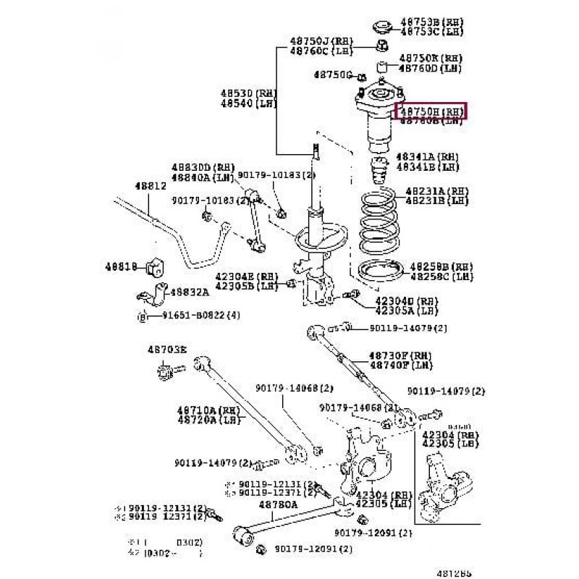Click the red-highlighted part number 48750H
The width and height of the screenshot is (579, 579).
coord(431,111)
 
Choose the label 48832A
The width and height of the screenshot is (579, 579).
coord(190,292)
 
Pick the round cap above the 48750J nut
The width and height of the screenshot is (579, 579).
coord(381,28)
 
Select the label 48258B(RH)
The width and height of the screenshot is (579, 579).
coord(441,266)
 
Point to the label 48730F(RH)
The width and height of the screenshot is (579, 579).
coord(400,356)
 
